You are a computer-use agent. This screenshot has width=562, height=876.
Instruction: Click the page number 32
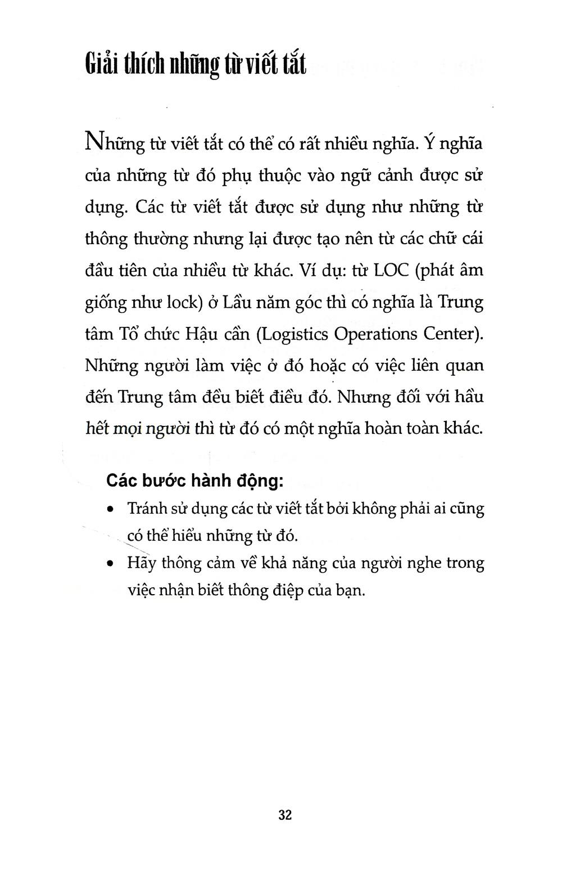(x=285, y=815)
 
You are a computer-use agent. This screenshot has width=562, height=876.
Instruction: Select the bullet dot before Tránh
(x=111, y=510)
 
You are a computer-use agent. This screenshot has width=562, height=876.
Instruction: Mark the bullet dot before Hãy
(x=111, y=564)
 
